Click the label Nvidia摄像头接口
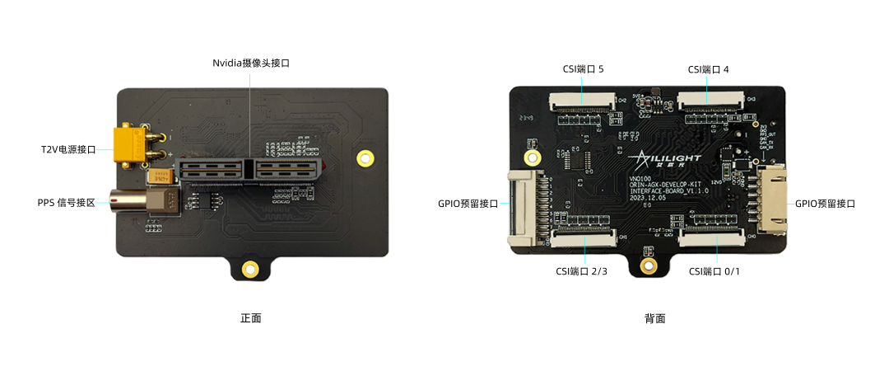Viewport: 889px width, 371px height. (x=251, y=63)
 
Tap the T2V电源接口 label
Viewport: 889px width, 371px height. (x=69, y=150)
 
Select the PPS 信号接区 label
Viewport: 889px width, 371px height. (x=67, y=202)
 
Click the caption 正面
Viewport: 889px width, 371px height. (x=251, y=317)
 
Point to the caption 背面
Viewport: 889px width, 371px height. (x=654, y=318)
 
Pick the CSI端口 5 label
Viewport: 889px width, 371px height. (x=583, y=69)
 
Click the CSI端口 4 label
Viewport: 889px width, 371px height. (x=708, y=69)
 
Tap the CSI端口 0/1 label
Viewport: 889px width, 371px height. (x=714, y=271)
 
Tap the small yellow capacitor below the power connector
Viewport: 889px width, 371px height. (x=157, y=176)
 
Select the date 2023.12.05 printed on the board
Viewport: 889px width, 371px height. (x=650, y=198)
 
